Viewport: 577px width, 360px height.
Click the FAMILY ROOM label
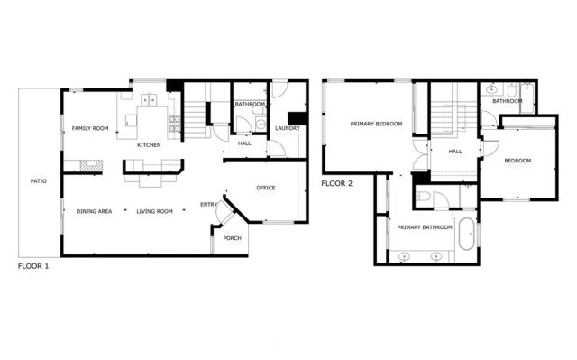click(90, 129)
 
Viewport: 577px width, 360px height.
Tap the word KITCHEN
click(149, 145)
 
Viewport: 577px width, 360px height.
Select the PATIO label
click(38, 181)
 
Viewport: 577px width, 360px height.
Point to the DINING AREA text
click(95, 211)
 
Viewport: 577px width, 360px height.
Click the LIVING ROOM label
click(154, 211)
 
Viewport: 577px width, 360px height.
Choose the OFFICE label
click(265, 188)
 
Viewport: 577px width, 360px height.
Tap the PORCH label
click(233, 238)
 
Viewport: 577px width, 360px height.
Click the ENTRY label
click(208, 205)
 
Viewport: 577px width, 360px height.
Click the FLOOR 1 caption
click(34, 267)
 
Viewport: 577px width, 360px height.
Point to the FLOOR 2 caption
click(337, 183)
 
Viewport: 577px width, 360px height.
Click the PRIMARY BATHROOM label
click(425, 227)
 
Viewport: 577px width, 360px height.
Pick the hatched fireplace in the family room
click(88, 165)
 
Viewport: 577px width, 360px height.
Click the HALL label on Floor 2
click(455, 152)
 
